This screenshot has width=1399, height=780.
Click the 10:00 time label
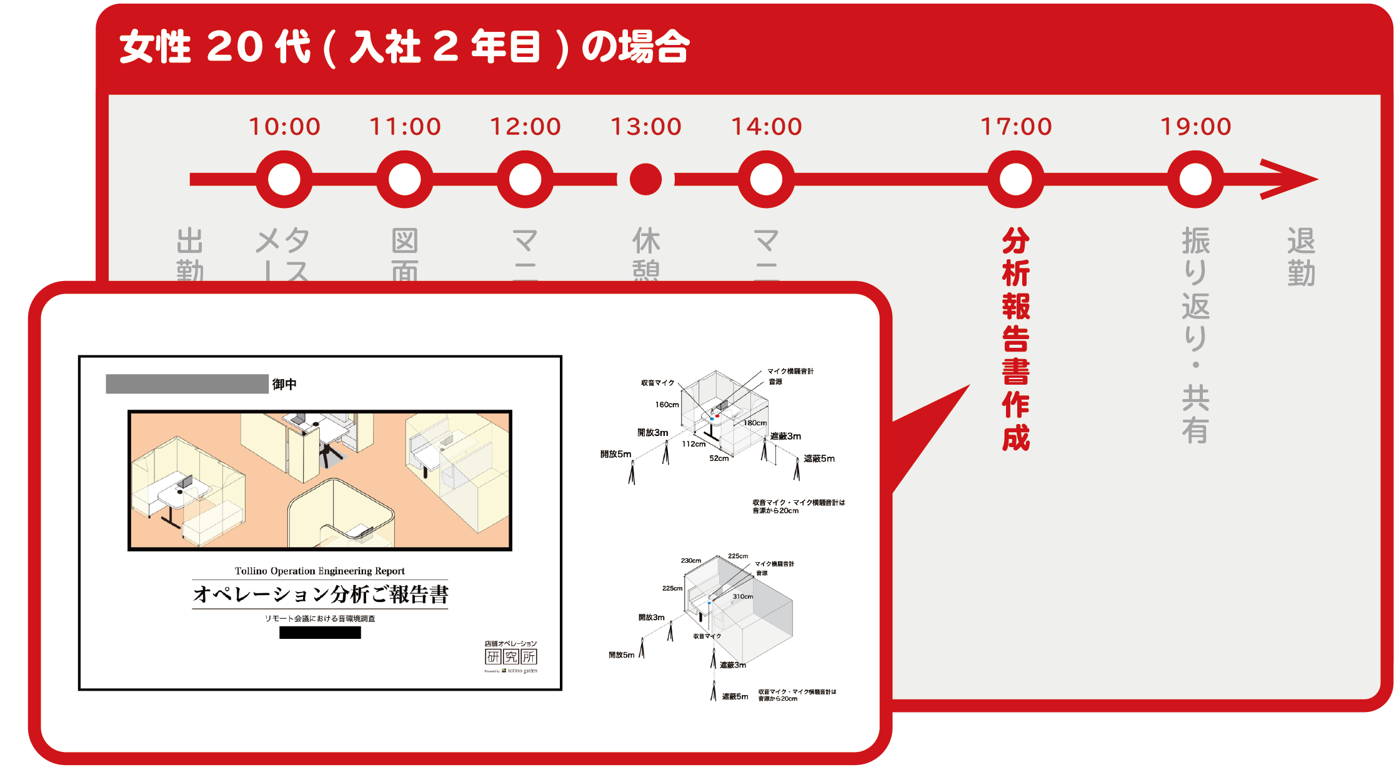click(x=284, y=127)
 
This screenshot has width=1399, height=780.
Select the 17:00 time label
click(x=1016, y=127)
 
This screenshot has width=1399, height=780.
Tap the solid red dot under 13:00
click(x=645, y=179)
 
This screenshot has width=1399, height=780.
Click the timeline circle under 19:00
click(x=1195, y=179)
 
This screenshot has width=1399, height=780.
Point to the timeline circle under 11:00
click(x=405, y=179)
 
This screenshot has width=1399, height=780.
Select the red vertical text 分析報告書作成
click(x=1016, y=339)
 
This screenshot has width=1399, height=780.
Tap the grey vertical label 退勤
click(x=1301, y=257)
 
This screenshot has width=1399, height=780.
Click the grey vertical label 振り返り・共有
click(x=1195, y=335)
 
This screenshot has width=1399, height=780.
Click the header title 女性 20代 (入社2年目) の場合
click(x=404, y=47)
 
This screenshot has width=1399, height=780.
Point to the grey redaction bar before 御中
click(x=187, y=384)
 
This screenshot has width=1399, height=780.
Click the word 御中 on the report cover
click(x=284, y=384)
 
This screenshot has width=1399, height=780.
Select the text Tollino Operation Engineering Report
click(x=319, y=571)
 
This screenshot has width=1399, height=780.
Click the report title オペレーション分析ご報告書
click(x=321, y=594)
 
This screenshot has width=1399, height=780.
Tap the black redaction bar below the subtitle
click(x=320, y=633)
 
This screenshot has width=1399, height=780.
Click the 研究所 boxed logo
click(x=511, y=656)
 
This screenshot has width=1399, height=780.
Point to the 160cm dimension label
click(x=667, y=405)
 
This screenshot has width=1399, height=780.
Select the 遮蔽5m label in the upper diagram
click(x=819, y=458)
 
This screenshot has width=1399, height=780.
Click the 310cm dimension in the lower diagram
click(x=743, y=596)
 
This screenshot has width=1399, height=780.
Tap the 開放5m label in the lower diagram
click(x=621, y=655)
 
